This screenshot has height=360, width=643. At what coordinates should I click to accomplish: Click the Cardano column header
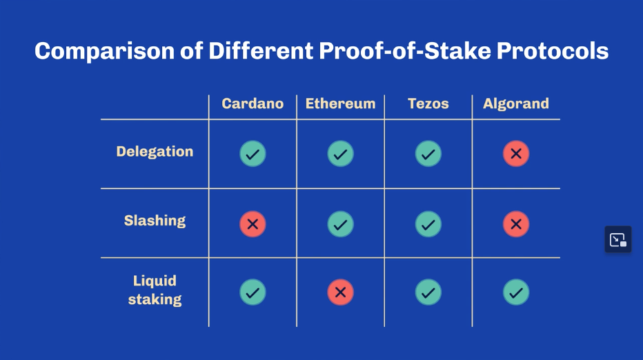[253, 103]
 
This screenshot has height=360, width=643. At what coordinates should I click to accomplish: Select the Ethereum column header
[340, 103]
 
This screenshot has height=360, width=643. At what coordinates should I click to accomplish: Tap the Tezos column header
[428, 103]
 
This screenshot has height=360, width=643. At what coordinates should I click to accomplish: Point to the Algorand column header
[516, 103]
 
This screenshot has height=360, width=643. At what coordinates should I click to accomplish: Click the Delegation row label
[155, 152]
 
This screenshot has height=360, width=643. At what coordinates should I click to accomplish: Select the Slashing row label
[155, 221]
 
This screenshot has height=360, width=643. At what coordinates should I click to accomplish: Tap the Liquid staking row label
[155, 290]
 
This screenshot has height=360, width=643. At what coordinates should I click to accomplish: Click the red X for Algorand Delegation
[516, 154]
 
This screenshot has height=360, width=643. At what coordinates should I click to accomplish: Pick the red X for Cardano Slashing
[253, 224]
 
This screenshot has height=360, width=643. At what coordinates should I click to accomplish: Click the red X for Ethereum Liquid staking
[340, 292]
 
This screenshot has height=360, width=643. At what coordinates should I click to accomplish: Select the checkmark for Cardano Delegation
[253, 154]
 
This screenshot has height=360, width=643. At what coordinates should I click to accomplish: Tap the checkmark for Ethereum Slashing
[340, 224]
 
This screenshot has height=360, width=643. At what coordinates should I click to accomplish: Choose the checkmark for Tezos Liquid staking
[428, 292]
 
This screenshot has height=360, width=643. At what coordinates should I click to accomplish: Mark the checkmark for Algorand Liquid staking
[516, 292]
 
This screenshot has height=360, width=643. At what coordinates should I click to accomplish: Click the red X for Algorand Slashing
[516, 224]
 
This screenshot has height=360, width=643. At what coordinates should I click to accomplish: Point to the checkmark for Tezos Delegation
[428, 154]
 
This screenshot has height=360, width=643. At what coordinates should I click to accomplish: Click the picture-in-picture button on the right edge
[618, 239]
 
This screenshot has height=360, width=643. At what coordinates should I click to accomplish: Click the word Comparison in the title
[105, 52]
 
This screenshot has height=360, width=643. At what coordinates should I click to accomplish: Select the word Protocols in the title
[553, 51]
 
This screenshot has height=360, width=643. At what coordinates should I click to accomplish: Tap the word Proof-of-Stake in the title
[405, 51]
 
